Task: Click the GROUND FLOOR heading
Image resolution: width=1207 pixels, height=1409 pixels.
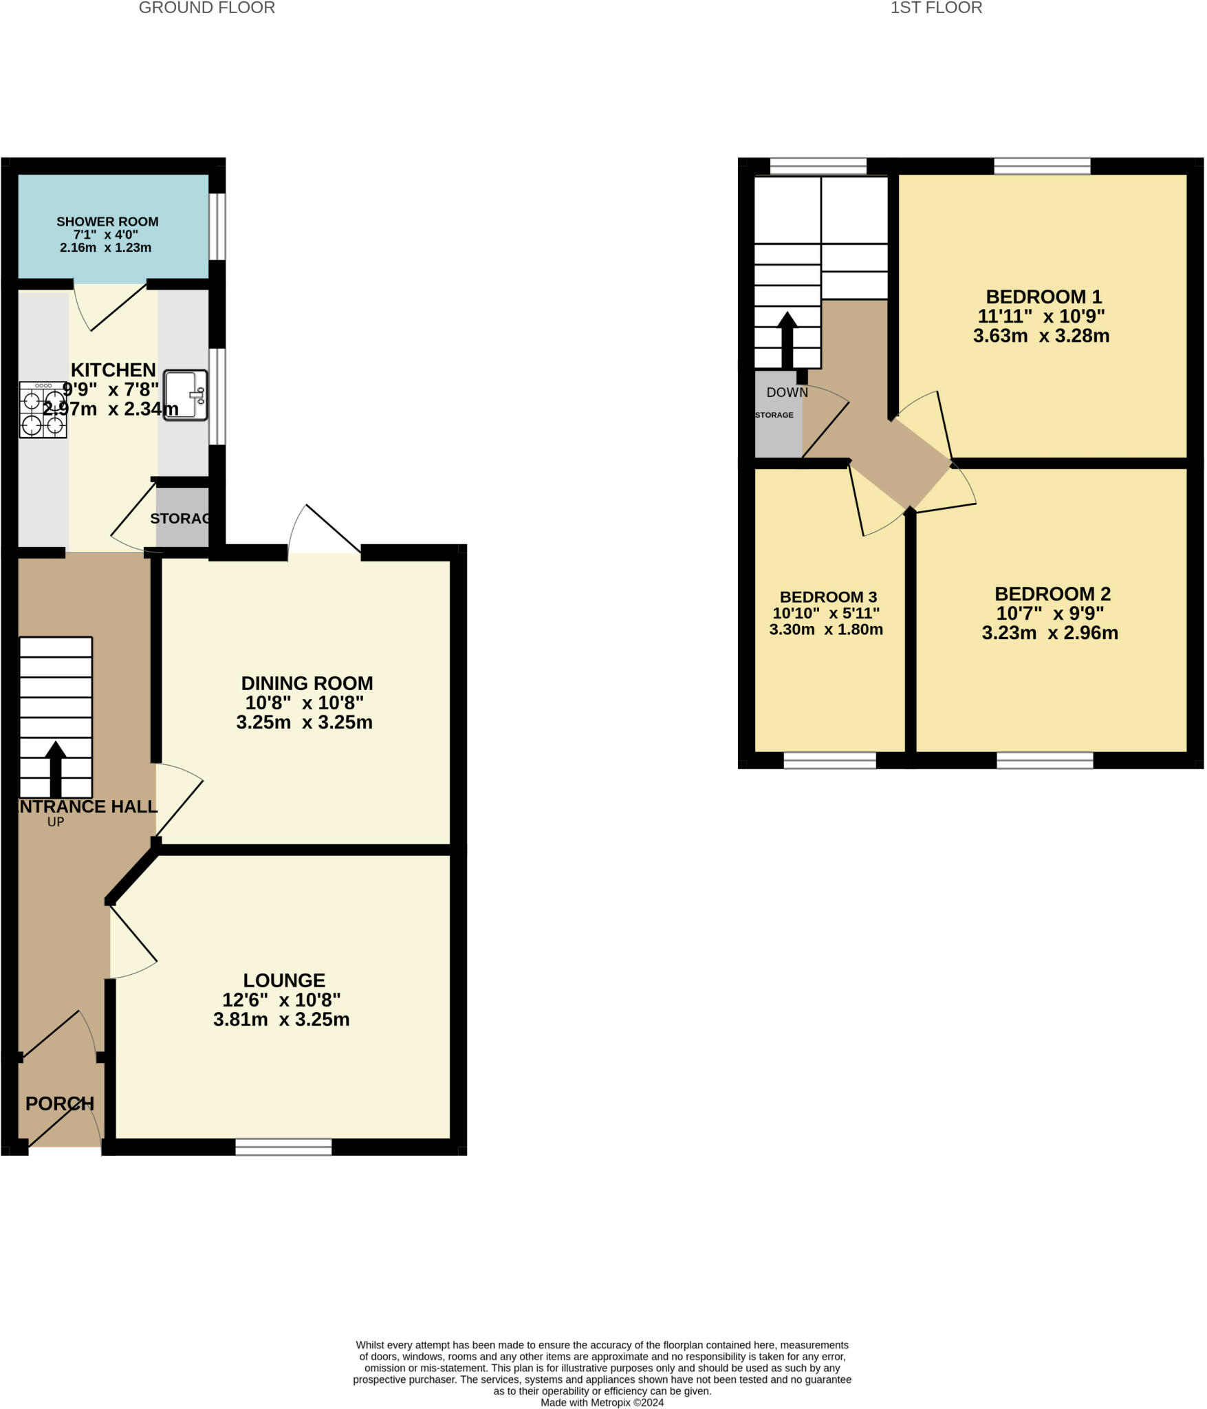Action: point(206,8)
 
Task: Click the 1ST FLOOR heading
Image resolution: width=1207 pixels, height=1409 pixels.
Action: point(935,8)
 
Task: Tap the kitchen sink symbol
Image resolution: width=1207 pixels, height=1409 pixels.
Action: point(185,396)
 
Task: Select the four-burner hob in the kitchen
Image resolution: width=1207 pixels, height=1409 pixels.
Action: point(43,410)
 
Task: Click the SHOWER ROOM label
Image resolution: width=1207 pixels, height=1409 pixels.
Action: point(107,222)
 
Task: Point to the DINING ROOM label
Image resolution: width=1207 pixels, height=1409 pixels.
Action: point(307,683)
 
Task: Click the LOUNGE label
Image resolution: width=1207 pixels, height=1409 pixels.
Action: point(283,980)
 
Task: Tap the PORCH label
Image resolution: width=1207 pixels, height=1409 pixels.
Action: point(60,1104)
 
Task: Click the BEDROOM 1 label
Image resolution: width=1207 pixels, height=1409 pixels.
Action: point(1043,297)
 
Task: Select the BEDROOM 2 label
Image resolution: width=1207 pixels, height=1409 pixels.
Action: point(1052,594)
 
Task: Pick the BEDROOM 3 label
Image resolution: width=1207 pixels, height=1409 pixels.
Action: point(828,596)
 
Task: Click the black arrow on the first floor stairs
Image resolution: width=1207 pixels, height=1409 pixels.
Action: point(787,340)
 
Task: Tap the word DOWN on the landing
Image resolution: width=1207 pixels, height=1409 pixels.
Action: point(787,393)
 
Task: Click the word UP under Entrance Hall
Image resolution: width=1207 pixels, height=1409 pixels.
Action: point(56,821)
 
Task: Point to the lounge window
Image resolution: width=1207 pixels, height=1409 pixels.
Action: point(283,1147)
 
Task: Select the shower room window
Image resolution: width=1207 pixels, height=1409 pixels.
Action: point(217,227)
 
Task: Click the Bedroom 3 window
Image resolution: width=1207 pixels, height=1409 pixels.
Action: point(829,760)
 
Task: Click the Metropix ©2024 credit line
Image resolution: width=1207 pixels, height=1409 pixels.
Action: point(602,1402)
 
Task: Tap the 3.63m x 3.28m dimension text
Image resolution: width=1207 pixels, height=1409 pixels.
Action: point(1041,336)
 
